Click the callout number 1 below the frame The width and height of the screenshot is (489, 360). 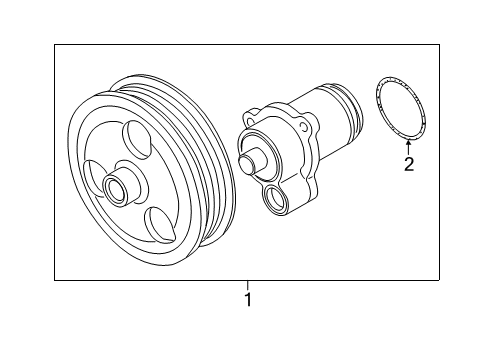coord(248,299)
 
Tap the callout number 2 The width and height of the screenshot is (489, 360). coord(409,164)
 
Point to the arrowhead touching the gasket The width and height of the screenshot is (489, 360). coord(408,144)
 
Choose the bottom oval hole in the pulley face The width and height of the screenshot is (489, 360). coord(160,223)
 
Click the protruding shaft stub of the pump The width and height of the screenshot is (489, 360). coord(252,160)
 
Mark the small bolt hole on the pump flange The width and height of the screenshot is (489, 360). coord(304,126)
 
